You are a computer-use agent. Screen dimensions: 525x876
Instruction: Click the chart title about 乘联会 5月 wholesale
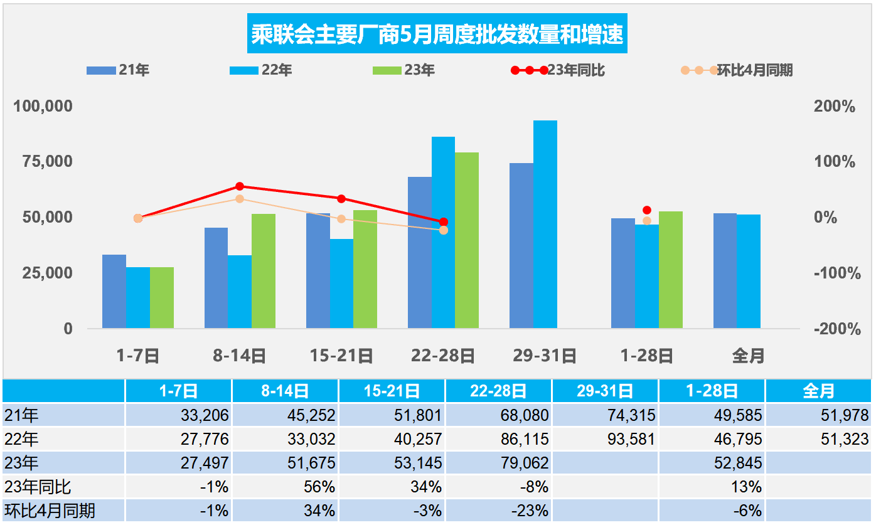point(437,34)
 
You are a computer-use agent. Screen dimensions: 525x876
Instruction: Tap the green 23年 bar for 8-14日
point(264,271)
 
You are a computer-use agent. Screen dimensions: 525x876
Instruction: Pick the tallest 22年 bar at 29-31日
point(545,225)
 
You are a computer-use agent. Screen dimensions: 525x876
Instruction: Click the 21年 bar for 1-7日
point(114,291)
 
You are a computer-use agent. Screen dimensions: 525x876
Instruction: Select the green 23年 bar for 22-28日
point(467,240)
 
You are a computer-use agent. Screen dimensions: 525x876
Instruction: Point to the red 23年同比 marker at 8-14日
point(240,186)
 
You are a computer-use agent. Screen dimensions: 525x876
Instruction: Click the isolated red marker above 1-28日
point(647,210)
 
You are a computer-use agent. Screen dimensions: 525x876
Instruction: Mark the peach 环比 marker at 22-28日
point(444,230)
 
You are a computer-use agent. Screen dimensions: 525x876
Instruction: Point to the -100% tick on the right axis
point(834,273)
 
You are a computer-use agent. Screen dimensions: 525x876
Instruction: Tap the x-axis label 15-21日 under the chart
point(341,356)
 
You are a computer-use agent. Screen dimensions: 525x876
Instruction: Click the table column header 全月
point(819,391)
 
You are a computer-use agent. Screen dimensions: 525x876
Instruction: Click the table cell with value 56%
point(320,487)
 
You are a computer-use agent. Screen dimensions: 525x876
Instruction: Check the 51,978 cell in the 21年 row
point(845,415)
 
